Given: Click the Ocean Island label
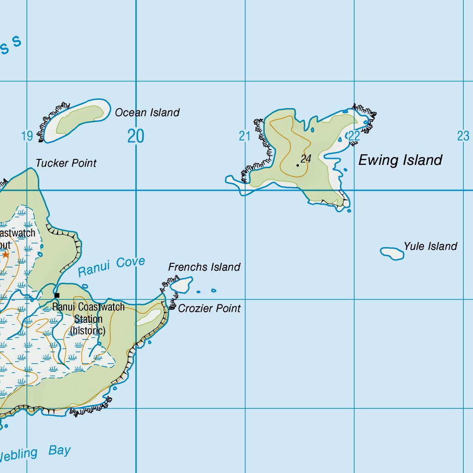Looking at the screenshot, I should coord(147,112).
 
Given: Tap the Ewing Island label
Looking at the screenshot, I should coord(400,160).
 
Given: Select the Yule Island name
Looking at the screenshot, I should coord(430,246).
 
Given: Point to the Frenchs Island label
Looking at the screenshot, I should coord(204,267).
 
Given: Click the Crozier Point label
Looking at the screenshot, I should coord(209,308).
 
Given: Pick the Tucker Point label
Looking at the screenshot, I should coord(66,163).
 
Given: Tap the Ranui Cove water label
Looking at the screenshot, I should coord(111,267).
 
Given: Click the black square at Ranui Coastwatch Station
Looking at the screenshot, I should coord(57,295).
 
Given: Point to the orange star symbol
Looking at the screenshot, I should coord(6,255).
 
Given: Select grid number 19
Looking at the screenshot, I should coord(27,136).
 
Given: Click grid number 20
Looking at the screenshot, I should coord(136,136).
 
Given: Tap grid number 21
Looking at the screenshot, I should coord(244,136).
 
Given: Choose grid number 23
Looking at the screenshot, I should coord(463,136).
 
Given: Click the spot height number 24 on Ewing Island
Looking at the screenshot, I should coord(306,159).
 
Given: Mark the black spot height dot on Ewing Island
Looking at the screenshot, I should coord(297,165).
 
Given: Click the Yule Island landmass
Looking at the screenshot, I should coord(392,253).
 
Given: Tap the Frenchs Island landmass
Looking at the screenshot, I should coord(182,285).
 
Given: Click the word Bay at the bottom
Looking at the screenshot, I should coord(60,450).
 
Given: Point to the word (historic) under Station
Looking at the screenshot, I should coord(88,331).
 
